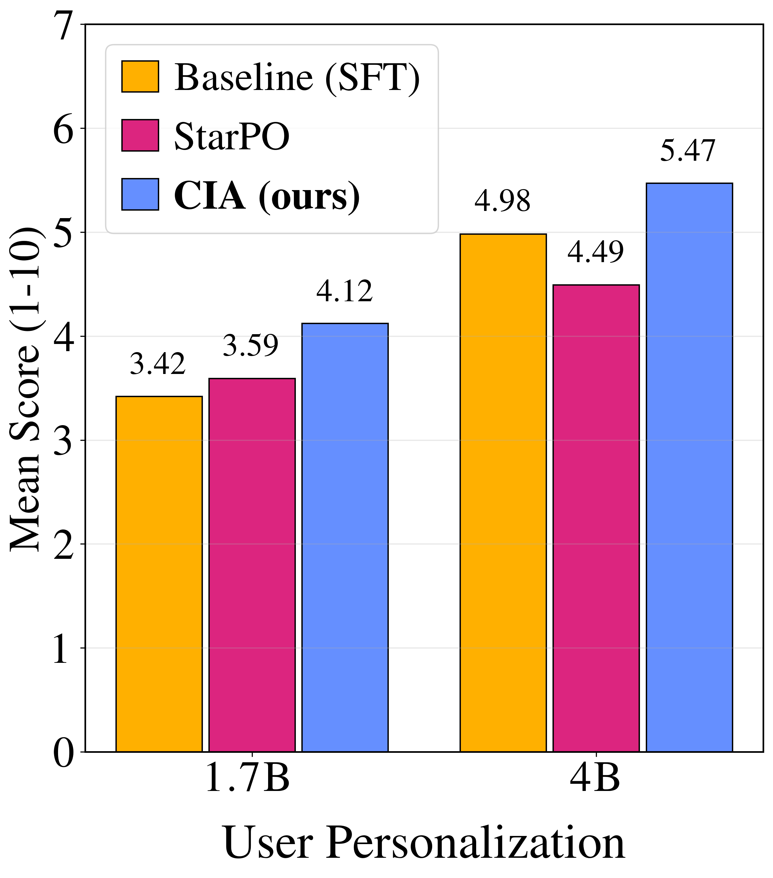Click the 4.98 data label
[x=502, y=201]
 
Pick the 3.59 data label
[x=250, y=345]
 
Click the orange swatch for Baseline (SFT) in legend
[x=140, y=77]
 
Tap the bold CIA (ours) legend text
[x=267, y=195]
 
